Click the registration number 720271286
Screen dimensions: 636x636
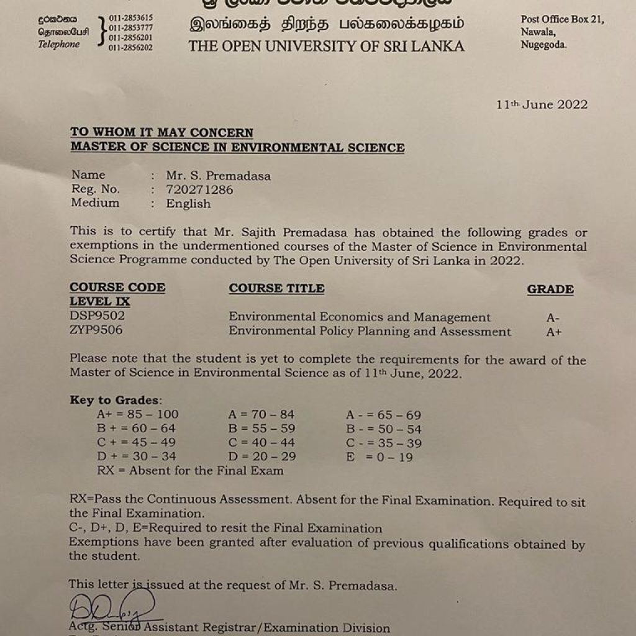(x=199, y=190)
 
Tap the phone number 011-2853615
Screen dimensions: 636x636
(x=130, y=18)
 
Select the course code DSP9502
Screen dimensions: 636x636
(x=97, y=316)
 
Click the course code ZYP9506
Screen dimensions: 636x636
(x=96, y=330)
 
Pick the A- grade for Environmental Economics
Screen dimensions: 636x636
(x=553, y=318)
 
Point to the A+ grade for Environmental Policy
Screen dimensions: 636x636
(x=554, y=332)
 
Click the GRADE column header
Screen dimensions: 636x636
(x=550, y=289)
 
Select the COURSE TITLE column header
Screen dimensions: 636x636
(x=276, y=288)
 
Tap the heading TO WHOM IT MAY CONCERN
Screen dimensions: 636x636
(x=161, y=132)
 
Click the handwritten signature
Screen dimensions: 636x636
(x=112, y=608)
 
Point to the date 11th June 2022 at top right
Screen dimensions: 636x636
(x=542, y=104)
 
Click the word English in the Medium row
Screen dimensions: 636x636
(x=188, y=204)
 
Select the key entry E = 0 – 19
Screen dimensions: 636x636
(x=379, y=457)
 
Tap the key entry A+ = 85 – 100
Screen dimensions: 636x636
(x=137, y=414)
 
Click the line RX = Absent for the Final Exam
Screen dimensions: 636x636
(x=190, y=470)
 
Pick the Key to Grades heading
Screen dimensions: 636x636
(x=116, y=400)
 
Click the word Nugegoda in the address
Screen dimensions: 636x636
(x=543, y=44)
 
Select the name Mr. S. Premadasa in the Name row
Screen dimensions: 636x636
(x=218, y=176)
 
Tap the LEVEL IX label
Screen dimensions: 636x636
(x=99, y=302)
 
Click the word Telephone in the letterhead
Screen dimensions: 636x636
(x=59, y=45)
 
